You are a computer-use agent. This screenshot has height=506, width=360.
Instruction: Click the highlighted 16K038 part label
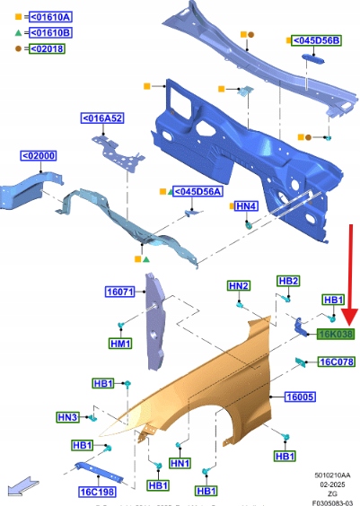[x=336, y=334]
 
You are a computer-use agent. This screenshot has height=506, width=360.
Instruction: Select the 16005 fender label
[x=300, y=397]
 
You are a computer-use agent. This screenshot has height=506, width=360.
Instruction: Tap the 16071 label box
[x=119, y=292]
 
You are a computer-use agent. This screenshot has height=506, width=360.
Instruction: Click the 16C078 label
[x=337, y=362]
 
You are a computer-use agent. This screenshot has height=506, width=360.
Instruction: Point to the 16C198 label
[x=97, y=493]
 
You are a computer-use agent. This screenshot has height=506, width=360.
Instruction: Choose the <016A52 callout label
[x=102, y=118]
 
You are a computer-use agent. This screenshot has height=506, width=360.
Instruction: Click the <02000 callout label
[x=39, y=156]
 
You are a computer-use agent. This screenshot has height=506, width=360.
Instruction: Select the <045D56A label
[x=198, y=191]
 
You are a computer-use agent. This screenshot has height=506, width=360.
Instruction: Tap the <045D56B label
[x=316, y=40]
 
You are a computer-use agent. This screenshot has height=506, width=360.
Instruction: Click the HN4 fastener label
[x=247, y=205]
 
